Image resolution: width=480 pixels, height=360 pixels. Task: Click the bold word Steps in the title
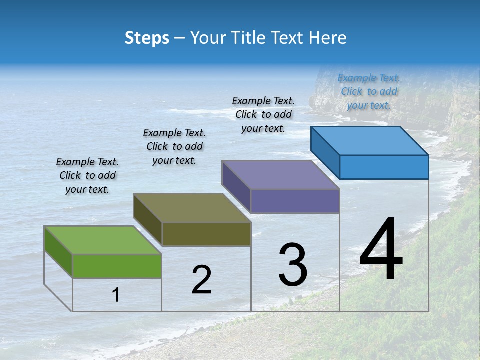147,38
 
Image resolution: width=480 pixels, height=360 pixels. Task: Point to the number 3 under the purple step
293,265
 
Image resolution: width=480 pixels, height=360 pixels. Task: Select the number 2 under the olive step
201,280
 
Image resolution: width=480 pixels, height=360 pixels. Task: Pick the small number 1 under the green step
116,295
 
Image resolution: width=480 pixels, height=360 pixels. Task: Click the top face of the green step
102,240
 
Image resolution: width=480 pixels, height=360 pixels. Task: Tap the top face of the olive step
192,208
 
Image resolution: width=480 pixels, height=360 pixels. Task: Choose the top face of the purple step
280,175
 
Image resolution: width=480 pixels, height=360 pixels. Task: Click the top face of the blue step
370,141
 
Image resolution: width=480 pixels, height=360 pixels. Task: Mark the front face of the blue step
384,167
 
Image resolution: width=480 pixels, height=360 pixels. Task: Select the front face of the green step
117,266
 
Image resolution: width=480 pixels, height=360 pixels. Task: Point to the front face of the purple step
295,201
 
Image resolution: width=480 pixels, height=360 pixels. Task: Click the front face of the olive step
206,234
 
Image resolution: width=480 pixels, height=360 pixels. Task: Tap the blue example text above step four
369,92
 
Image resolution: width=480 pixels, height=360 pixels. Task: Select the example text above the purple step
263,114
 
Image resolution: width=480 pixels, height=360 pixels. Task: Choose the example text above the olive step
174,146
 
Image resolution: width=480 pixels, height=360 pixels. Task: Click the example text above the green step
87,175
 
